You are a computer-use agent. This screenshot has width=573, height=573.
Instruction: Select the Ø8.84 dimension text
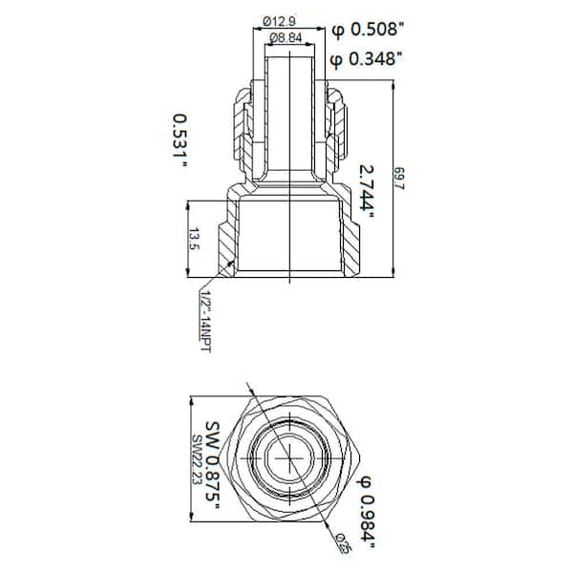click(289, 37)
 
